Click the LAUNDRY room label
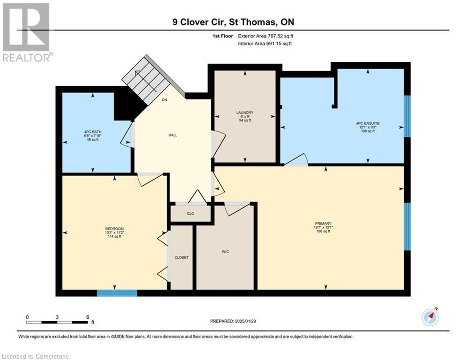(244, 112)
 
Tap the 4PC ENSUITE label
(368, 123)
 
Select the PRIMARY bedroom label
(323, 224)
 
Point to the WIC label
(225, 252)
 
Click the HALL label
(173, 135)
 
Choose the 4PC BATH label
(93, 132)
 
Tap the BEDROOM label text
(114, 229)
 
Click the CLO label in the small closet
(191, 214)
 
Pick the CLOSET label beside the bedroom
(181, 258)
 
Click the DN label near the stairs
(164, 100)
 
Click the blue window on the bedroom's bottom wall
(117, 293)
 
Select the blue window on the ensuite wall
(407, 116)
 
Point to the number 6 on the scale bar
(88, 317)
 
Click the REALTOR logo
(27, 32)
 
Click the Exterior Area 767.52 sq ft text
(266, 36)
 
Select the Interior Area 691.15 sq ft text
(265, 44)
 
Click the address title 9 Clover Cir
(200, 22)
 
